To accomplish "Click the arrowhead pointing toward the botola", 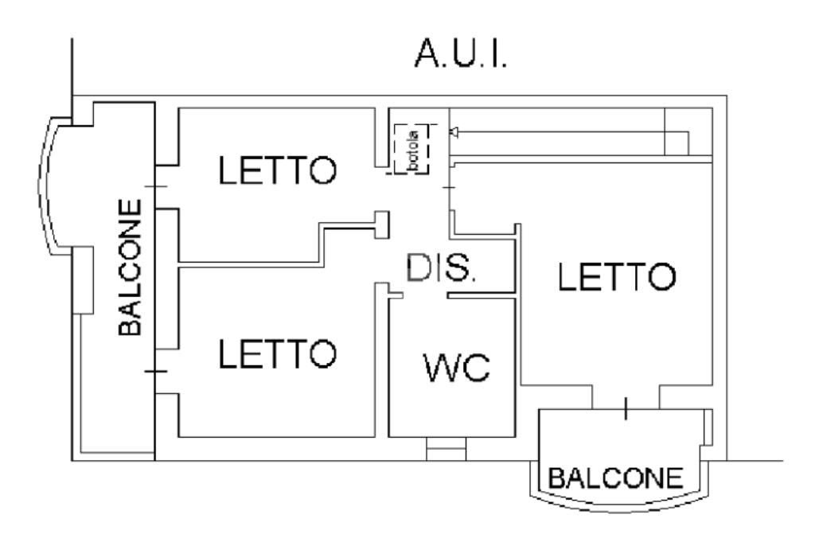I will click(454, 132).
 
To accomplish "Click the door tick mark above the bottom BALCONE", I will click(626, 408).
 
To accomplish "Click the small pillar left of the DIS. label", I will click(382, 224).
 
